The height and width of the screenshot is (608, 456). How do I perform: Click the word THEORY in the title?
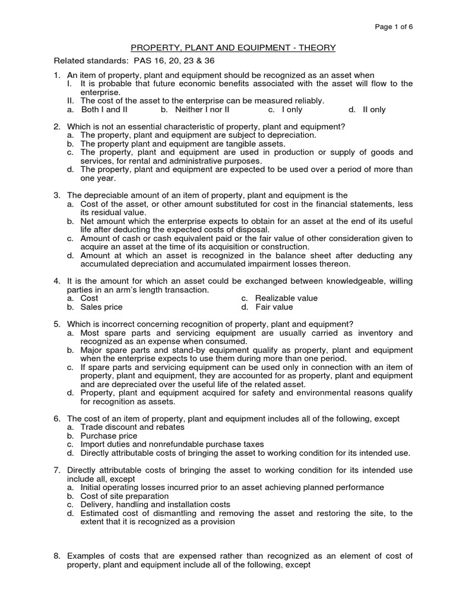tap(302, 47)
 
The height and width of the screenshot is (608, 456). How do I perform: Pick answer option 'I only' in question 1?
tap(292, 110)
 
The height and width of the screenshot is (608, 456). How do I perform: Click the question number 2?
tap(58, 127)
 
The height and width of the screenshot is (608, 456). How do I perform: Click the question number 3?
tap(58, 195)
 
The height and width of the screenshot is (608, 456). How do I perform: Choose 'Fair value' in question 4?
tap(274, 307)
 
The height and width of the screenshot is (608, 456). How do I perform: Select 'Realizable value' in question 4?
tap(286, 298)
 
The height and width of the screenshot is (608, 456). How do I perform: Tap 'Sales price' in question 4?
tap(102, 307)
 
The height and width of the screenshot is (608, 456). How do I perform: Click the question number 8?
tap(58, 556)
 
